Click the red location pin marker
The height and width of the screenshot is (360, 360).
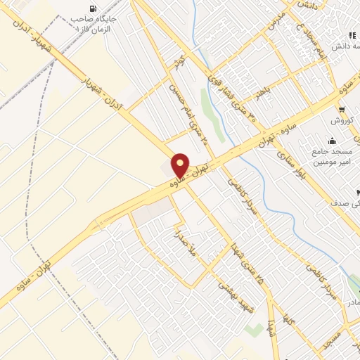(180, 165)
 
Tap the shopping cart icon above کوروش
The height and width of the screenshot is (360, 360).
(342, 110)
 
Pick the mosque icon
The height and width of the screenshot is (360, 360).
(332, 141)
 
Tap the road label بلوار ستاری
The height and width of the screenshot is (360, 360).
(291, 166)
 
